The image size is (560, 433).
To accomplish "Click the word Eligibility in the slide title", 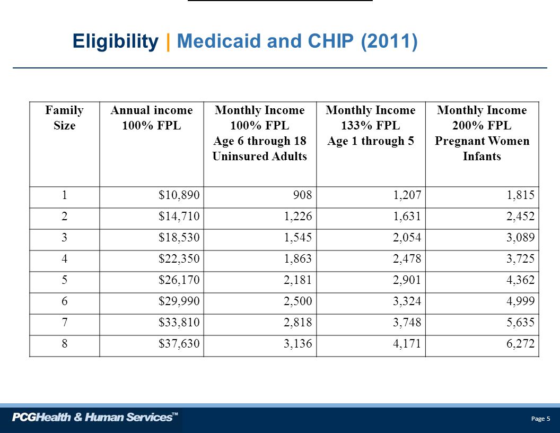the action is pyautogui.click(x=116, y=41).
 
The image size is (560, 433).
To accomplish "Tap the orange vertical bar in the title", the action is pyautogui.click(x=168, y=42).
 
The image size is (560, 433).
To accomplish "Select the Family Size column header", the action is pyautogui.click(x=64, y=118).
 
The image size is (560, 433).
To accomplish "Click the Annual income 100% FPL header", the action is pyautogui.click(x=152, y=118).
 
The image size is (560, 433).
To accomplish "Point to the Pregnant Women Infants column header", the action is pyautogui.click(x=482, y=133).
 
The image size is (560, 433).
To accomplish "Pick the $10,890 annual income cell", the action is pyautogui.click(x=179, y=195).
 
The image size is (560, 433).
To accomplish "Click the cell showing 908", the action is pyautogui.click(x=302, y=195).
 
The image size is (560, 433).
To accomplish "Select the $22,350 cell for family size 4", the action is pyautogui.click(x=179, y=258).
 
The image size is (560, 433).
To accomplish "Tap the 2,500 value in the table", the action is pyautogui.click(x=298, y=301).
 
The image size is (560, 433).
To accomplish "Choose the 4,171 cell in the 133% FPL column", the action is pyautogui.click(x=407, y=344).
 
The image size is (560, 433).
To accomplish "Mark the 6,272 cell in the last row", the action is pyautogui.click(x=520, y=344).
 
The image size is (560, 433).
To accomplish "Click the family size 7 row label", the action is pyautogui.click(x=64, y=322).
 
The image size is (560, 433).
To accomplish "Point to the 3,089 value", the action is pyautogui.click(x=520, y=238).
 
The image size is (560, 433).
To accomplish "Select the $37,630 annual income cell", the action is pyautogui.click(x=179, y=344).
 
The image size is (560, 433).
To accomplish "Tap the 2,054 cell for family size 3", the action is pyautogui.click(x=407, y=238).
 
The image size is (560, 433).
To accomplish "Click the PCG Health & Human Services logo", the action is pyautogui.click(x=95, y=417).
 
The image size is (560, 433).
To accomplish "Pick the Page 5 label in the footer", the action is pyautogui.click(x=541, y=419).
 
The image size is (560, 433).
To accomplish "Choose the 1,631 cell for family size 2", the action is pyautogui.click(x=407, y=216).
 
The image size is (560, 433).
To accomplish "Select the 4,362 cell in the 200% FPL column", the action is pyautogui.click(x=520, y=280).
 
